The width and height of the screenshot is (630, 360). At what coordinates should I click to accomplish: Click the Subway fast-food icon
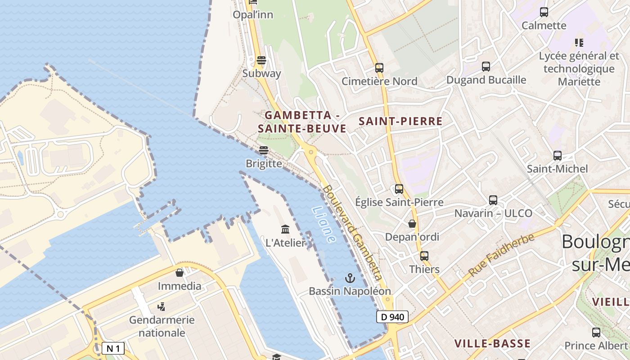click(261, 60)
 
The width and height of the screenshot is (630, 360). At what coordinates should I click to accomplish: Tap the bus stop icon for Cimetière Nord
click(379, 68)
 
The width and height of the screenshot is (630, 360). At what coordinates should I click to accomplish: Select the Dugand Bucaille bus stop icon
click(486, 67)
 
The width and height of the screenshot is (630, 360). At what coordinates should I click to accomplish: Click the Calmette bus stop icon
click(544, 12)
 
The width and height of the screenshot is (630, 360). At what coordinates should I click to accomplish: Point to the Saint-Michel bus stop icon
click(558, 156)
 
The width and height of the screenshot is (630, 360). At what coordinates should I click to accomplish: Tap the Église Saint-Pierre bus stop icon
click(399, 189)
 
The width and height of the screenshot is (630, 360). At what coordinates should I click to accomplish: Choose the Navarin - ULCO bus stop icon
click(493, 200)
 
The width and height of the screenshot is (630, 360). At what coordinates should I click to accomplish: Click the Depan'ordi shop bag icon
click(412, 224)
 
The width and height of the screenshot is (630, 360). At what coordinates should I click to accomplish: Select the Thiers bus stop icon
click(424, 256)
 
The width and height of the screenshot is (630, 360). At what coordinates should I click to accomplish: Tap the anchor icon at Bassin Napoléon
click(350, 278)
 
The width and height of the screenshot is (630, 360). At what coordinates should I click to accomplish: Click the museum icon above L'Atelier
click(285, 229)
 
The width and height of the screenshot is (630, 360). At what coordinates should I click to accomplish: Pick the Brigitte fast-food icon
click(264, 150)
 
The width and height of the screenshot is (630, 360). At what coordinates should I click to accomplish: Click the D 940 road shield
click(392, 317)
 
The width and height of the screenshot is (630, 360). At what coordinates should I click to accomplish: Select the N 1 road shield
click(113, 348)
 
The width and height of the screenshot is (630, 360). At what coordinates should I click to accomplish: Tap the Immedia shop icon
click(180, 273)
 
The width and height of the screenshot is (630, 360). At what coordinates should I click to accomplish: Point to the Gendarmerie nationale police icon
click(162, 307)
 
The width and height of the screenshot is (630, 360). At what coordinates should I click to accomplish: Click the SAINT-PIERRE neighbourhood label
click(400, 121)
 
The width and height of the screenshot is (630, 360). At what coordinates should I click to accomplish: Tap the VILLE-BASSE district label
click(492, 344)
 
